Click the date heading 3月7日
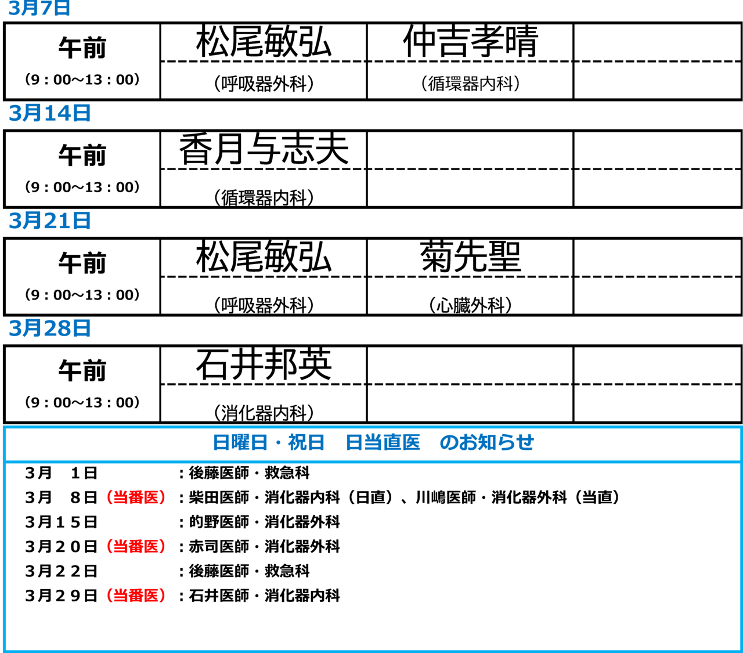39,8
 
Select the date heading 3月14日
49,113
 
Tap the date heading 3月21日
49,221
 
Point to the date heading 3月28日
49,328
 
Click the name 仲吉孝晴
471,41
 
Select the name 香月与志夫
264,149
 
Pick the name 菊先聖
471,257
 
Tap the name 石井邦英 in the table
264,365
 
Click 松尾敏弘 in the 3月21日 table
264,257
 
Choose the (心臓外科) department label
471,305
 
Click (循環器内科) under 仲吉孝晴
471,84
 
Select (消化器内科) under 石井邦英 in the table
264,413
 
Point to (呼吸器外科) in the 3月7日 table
264,84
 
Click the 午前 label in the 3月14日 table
82,155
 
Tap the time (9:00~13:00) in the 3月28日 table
82,403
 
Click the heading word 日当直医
383,442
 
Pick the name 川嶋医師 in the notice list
446,497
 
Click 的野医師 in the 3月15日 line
219,522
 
